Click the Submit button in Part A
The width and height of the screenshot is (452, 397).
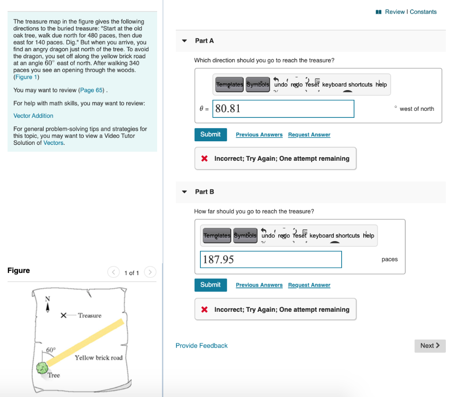tap(211, 135)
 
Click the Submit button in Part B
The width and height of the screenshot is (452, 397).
tap(211, 285)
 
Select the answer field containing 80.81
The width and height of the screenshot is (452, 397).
tap(283, 109)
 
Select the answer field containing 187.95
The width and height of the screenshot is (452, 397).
tap(271, 259)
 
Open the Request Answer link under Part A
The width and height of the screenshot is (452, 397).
tap(309, 135)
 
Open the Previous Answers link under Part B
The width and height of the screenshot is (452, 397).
tap(259, 285)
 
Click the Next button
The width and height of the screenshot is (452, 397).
tap(429, 346)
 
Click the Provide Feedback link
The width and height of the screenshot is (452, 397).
tap(202, 346)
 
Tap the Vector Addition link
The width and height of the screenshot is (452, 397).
tap(34, 116)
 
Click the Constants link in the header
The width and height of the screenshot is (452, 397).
tap(423, 12)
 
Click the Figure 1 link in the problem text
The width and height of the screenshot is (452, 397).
tap(26, 77)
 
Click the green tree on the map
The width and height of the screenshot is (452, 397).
tap(42, 367)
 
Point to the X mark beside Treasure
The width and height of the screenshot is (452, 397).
tap(64, 315)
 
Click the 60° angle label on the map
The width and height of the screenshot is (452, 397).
tap(51, 349)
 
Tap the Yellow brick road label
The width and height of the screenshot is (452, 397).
tap(98, 358)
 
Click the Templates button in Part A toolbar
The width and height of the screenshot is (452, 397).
tap(229, 84)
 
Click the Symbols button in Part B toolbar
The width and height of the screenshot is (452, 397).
tap(245, 235)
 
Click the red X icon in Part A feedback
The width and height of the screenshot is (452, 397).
tap(204, 159)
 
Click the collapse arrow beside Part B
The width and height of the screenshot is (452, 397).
tap(185, 192)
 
